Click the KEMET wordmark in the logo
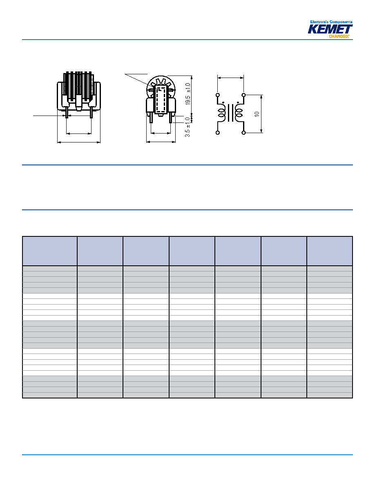pyautogui.click(x=330, y=29)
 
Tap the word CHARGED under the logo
pyautogui.click(x=339, y=36)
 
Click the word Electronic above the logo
pyautogui.click(x=319, y=22)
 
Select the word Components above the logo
pyautogui.click(x=341, y=22)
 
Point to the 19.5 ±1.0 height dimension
pyautogui.click(x=188, y=94)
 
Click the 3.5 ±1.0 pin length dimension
pyautogui.click(x=187, y=127)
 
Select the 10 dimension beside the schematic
pyautogui.click(x=257, y=114)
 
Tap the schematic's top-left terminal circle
pyautogui.click(x=218, y=95)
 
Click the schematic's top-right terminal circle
pyautogui.click(x=244, y=95)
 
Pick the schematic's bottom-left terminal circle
pyautogui.click(x=218, y=133)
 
